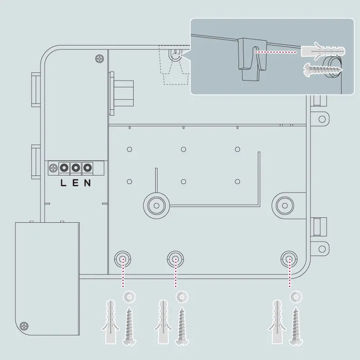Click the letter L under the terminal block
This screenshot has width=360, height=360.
(x=63, y=183)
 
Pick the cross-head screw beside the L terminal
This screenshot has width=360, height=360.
(x=54, y=168)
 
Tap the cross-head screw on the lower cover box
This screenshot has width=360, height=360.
(x=24, y=325)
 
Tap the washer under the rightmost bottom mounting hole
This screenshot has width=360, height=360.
(x=296, y=297)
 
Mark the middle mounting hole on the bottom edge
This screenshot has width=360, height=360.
(x=175, y=259)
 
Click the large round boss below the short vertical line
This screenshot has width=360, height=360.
(x=156, y=205)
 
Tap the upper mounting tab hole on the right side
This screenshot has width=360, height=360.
(x=321, y=119)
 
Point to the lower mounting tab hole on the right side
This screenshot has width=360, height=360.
(x=321, y=248)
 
